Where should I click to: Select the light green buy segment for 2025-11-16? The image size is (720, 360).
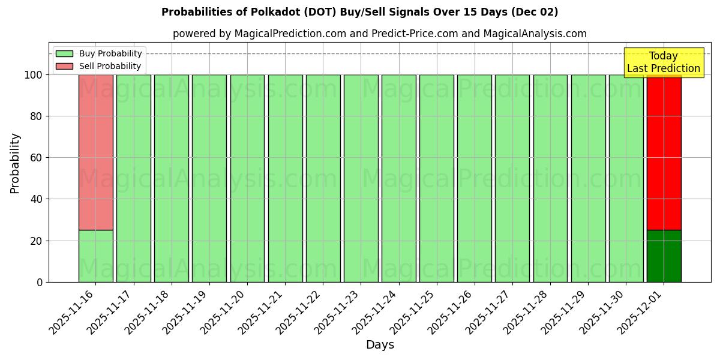click(95, 256)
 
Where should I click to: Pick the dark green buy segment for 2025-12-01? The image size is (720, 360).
click(664, 256)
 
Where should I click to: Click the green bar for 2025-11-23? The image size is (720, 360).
click(361, 178)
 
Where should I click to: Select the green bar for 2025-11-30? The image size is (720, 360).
click(626, 178)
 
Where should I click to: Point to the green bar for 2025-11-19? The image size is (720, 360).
click(209, 178)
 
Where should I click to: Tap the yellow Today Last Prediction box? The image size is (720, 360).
click(664, 62)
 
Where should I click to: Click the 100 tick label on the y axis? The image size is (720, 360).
click(33, 75)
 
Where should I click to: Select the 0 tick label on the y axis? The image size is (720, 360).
click(40, 282)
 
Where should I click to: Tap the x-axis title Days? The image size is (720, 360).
click(380, 345)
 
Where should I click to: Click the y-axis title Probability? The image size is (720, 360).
click(15, 163)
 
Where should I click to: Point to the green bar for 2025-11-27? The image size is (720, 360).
click(512, 178)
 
